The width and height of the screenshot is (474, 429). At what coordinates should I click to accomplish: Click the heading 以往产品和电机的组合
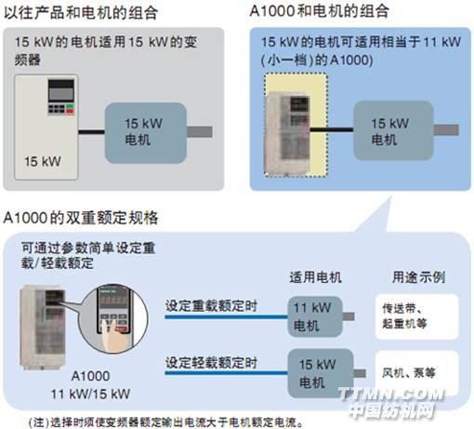[81, 12]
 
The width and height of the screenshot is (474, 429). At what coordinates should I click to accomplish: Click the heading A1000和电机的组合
[319, 11]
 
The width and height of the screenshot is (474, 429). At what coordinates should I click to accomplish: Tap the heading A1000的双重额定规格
[81, 218]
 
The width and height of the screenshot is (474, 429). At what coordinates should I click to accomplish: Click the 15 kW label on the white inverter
[43, 162]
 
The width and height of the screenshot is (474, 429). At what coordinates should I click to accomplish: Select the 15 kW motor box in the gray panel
[146, 133]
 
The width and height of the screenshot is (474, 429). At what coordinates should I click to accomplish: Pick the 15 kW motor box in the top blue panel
[393, 130]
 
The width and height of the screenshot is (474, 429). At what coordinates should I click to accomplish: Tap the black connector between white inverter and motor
[92, 132]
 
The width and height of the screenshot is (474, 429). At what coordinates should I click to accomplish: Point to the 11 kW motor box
[315, 316]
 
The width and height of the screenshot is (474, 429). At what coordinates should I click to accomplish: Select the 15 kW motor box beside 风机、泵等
[321, 373]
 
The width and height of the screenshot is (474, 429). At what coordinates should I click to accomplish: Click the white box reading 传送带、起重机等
[416, 316]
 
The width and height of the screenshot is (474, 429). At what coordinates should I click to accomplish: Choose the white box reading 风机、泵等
[416, 373]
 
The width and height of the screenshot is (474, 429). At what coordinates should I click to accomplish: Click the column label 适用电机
[315, 277]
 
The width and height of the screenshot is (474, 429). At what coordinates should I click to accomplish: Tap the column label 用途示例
[418, 277]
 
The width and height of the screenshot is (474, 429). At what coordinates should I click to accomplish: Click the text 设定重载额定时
[211, 306]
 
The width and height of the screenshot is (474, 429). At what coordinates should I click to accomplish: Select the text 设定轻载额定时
[211, 362]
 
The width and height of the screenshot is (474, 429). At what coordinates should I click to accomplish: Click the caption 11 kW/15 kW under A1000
[90, 394]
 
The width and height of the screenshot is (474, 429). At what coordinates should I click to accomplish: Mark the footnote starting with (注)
[165, 422]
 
